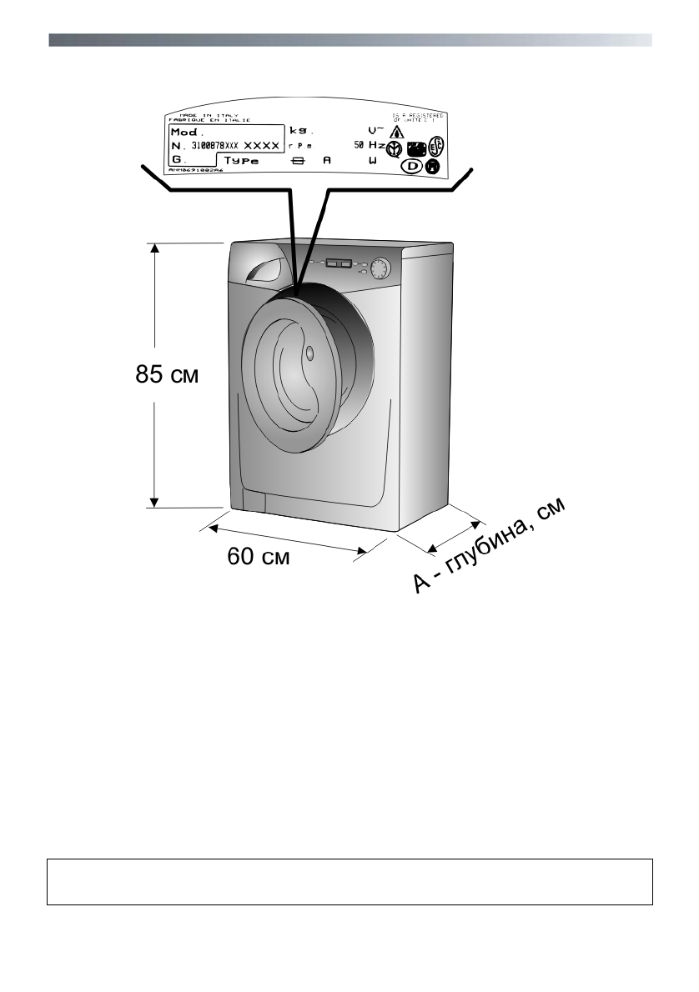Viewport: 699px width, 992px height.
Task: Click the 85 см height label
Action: tap(167, 375)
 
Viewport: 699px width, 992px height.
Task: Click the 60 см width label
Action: tap(259, 556)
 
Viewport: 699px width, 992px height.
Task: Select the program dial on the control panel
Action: tap(380, 268)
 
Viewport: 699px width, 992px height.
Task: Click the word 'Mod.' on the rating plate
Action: tap(187, 132)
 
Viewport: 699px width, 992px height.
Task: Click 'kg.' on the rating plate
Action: tap(299, 131)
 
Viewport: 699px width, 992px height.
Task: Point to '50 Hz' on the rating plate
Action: tap(369, 145)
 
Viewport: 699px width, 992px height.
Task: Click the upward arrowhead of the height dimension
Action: tap(153, 248)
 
